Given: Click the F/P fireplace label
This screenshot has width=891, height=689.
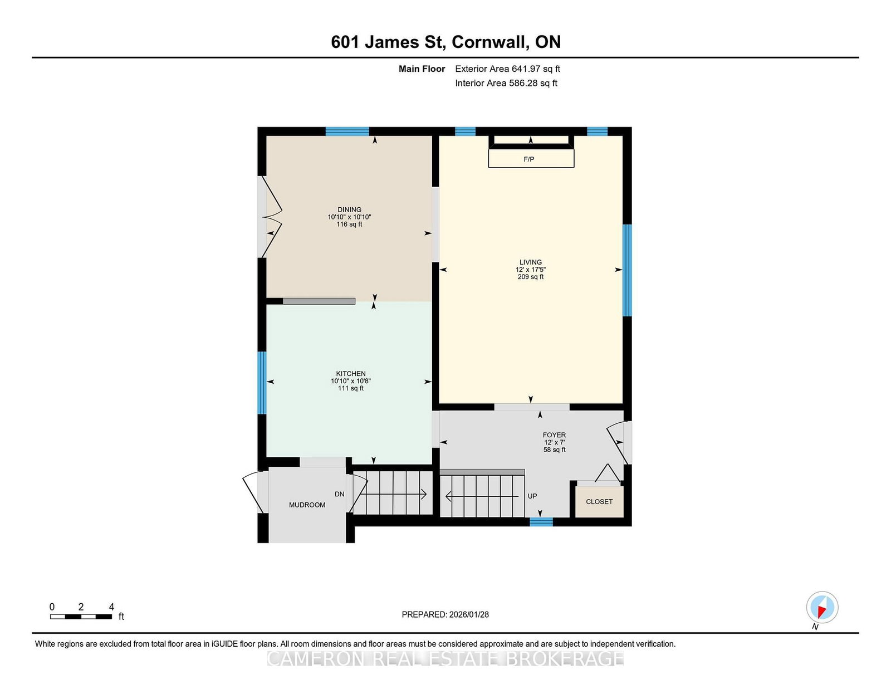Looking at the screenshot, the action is click(528, 159).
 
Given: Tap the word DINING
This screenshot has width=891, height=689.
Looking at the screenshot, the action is click(349, 209).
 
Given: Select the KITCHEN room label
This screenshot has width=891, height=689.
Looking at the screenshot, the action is click(351, 374).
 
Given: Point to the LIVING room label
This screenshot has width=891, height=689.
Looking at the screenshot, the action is click(531, 262).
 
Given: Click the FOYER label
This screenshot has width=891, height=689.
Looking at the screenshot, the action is click(554, 434).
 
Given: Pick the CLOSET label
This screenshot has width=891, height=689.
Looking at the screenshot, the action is click(599, 502).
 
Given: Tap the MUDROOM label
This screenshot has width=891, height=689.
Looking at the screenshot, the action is click(307, 505).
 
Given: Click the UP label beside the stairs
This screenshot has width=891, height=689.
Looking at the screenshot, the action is click(532, 496).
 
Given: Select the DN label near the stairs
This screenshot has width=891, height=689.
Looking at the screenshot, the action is click(340, 494).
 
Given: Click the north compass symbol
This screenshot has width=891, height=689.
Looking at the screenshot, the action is click(822, 607).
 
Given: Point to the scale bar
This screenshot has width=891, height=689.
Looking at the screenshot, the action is click(81, 617).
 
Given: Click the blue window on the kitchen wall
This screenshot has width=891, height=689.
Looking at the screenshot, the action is click(262, 383).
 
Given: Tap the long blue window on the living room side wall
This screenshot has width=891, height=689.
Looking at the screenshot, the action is click(627, 270).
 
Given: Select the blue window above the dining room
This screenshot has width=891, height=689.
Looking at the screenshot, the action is click(347, 131).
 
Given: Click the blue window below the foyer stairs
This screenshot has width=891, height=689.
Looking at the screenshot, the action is click(541, 522).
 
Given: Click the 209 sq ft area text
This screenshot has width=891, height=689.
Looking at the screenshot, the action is click(531, 277).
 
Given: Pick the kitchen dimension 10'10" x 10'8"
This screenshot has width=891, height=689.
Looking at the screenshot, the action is click(351, 381).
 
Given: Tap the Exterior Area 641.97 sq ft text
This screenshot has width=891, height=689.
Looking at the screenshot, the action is click(508, 69).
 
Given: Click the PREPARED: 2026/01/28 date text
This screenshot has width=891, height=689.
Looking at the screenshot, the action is click(445, 614).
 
